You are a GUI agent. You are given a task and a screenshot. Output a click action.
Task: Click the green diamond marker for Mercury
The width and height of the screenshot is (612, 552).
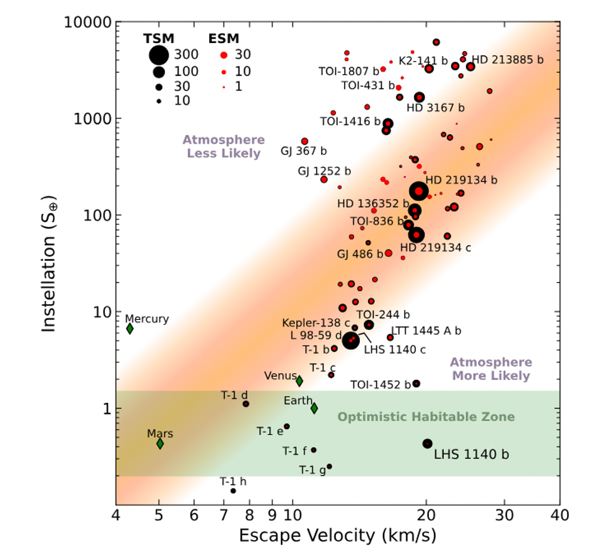(130, 329)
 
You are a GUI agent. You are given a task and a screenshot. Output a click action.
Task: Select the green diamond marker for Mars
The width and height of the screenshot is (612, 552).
(160, 443)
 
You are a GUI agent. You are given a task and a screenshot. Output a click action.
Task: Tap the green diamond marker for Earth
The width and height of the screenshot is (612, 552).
(314, 408)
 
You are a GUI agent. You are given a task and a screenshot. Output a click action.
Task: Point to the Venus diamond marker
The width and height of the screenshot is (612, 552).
(299, 380)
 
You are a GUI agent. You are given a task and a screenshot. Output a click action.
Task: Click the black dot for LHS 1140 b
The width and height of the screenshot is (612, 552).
(427, 443)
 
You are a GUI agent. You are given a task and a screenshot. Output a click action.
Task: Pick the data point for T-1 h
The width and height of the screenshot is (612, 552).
(233, 491)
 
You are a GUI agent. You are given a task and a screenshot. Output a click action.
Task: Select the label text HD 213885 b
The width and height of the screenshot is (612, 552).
(507, 60)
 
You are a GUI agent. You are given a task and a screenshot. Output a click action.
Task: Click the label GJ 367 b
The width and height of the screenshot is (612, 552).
(303, 151)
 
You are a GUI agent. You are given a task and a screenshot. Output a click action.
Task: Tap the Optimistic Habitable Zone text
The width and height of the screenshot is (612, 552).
(426, 417)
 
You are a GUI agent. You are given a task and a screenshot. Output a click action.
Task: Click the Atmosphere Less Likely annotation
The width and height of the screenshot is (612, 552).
(223, 147)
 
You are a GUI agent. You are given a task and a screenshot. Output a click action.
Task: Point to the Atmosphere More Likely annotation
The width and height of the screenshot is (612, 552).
(491, 369)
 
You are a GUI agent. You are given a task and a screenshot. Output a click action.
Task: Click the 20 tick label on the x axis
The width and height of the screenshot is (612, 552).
(426, 516)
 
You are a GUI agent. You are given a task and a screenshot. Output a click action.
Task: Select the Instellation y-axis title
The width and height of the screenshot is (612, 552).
(51, 265)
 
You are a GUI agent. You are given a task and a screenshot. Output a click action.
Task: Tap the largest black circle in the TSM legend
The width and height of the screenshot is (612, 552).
(159, 55)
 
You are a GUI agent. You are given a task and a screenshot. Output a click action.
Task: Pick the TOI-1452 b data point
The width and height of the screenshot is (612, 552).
(417, 384)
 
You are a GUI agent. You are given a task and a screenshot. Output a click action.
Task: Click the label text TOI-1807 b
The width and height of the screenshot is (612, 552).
(348, 70)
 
